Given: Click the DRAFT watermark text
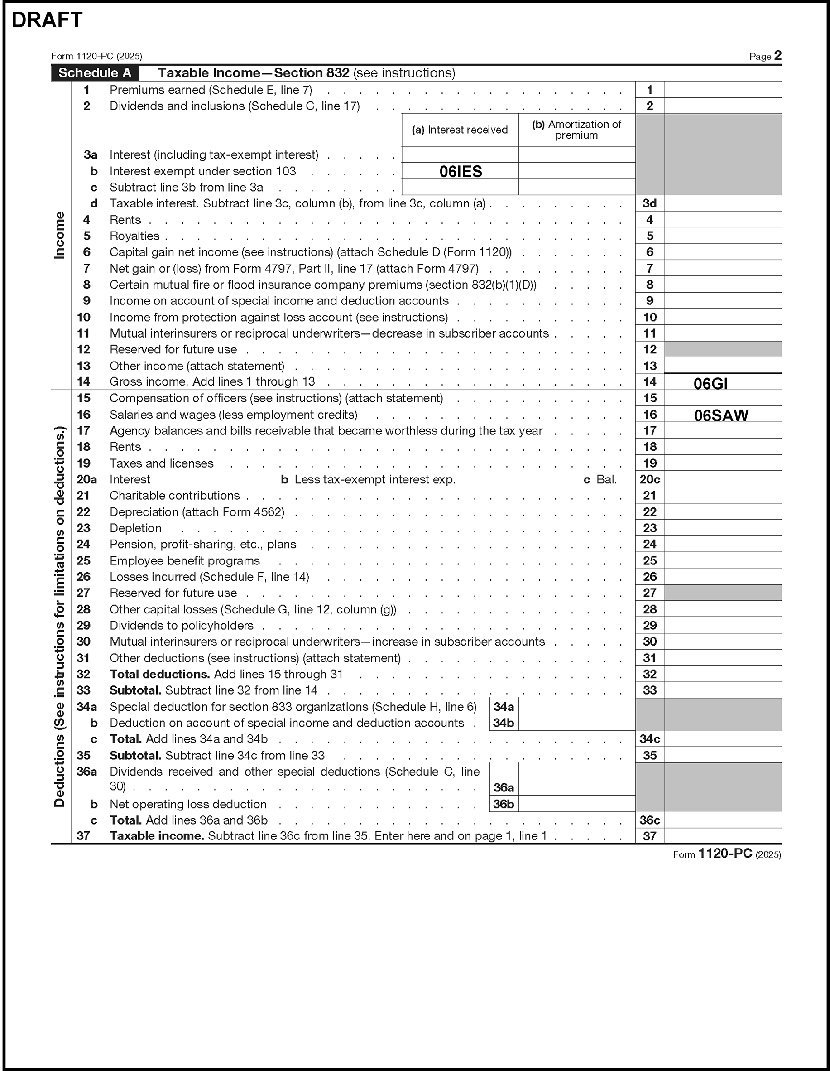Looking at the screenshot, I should [47, 20].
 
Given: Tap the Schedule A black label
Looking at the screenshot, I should [95, 73].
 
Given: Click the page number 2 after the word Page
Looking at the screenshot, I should [777, 55].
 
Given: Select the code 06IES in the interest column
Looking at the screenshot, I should [461, 171].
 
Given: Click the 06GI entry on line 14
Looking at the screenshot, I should [710, 383].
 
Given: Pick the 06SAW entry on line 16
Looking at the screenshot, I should [721, 415].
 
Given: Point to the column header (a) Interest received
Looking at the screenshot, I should [460, 130].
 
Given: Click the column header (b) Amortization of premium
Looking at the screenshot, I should [576, 130].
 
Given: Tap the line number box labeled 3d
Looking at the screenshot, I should [650, 203].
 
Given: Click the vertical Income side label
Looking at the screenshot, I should [59, 236].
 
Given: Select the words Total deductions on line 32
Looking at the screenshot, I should [160, 674].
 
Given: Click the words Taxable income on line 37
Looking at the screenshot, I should [157, 836].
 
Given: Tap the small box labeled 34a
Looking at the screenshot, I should [504, 707].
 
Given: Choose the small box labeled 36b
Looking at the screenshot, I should [504, 804].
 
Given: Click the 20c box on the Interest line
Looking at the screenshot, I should [650, 480].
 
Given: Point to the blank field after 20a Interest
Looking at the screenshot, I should [211, 480].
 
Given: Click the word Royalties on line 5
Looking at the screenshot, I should [134, 236].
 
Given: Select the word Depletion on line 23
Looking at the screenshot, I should [135, 528].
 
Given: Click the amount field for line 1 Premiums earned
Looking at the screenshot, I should [723, 90].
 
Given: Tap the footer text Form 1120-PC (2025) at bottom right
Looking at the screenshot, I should [727, 854].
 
